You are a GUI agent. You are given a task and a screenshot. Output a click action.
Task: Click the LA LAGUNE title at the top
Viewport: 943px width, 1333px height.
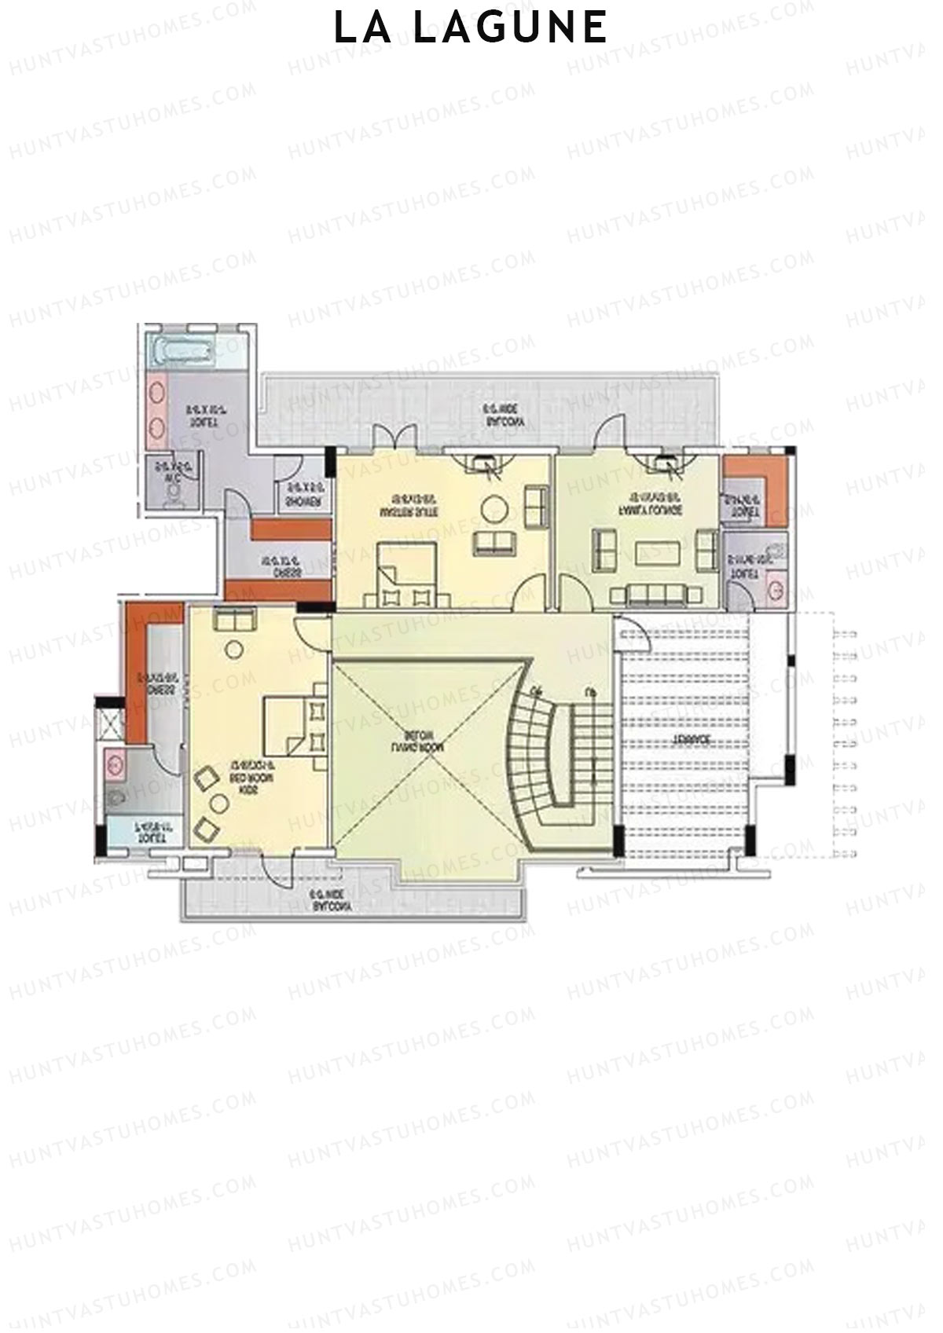pyautogui.click(x=471, y=27)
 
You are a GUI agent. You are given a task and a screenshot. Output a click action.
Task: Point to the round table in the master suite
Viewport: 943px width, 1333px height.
pyautogui.click(x=496, y=511)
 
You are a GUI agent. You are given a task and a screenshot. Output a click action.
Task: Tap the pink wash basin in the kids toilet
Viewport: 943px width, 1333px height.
pyautogui.click(x=114, y=763)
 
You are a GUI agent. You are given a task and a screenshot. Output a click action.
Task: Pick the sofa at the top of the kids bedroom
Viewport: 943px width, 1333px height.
pyautogui.click(x=234, y=621)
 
